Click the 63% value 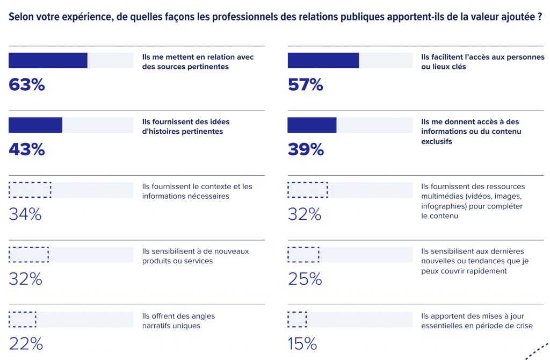coord(26,84)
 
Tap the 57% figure coord(305,84)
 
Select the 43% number coord(26,149)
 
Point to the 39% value coord(306,149)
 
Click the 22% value coord(25,344)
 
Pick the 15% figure coord(302,344)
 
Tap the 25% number coord(305,279)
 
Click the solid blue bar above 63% coord(48,61)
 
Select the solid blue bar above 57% coord(323,61)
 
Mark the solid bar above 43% coord(35,125)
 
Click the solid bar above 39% coord(312,125)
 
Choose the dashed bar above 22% coord(22,319)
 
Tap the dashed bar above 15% coord(297,319)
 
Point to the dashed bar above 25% coord(303,254)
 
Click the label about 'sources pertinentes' coord(198,62)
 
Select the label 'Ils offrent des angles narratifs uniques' coord(178,321)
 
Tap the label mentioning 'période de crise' coord(476,321)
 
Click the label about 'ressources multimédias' coord(473,201)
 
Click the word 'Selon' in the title coord(20,17)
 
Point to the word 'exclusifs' coord(437,141)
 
